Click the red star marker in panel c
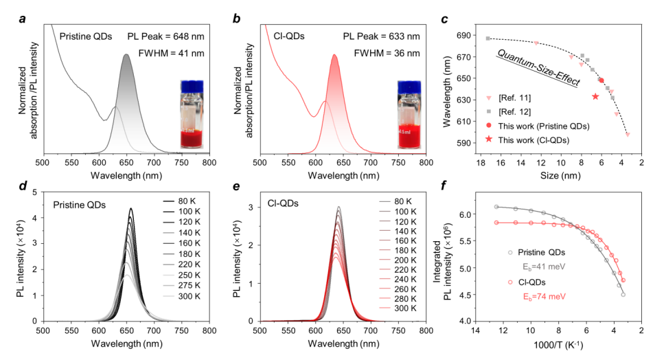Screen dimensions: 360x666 (x=595, y=96)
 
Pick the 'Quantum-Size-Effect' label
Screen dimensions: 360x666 (x=538, y=67)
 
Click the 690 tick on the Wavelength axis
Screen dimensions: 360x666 (x=470, y=34)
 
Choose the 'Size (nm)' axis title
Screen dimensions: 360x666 (x=561, y=175)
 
